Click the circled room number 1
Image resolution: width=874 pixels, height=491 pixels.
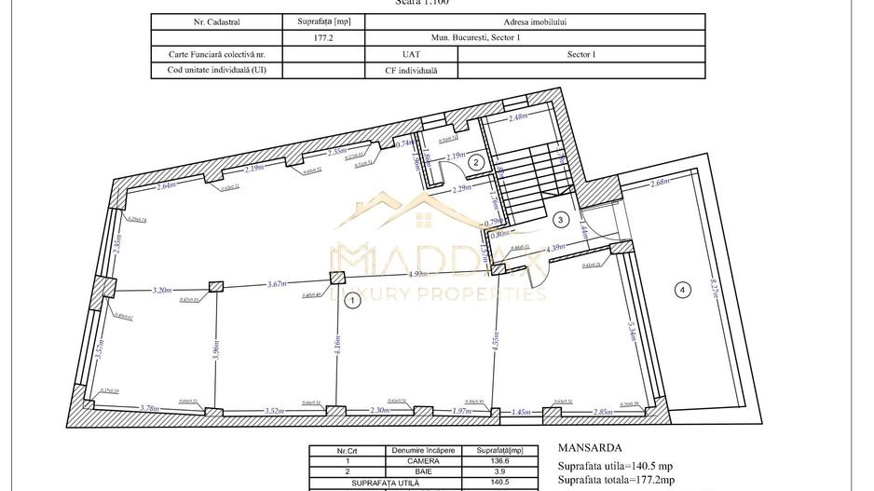point(351,301)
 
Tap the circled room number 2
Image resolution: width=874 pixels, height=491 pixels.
point(475,162)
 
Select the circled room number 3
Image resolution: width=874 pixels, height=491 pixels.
point(560,220)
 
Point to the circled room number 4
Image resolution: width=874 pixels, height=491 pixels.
point(682,291)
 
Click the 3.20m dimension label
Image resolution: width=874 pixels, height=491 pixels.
point(163,290)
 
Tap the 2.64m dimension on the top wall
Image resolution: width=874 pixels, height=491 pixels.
point(166,186)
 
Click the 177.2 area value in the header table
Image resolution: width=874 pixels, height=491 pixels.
point(322,38)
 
